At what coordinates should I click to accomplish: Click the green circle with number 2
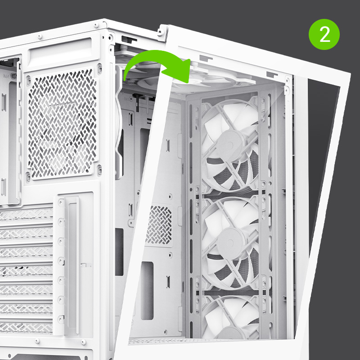tap(324, 35)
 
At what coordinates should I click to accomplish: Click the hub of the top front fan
tap(230, 144)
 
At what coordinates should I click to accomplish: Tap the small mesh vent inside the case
tap(158, 225)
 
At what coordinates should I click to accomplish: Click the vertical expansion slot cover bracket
tap(72, 264)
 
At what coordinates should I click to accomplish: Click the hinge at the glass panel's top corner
tap(162, 32)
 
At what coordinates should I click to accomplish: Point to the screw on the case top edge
tap(40, 36)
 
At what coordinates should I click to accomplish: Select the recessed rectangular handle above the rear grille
tap(60, 52)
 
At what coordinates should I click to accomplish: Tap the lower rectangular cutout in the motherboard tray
tap(147, 290)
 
